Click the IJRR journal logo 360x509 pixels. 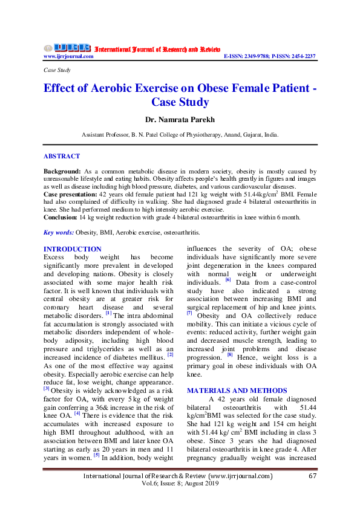pyautogui.click(x=67, y=48)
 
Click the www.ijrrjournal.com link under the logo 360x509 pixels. pyautogui.click(x=68, y=56)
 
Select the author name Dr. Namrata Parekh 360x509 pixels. pyautogui.click(x=180, y=120)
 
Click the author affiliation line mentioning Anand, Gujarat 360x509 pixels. pyautogui.click(x=180, y=136)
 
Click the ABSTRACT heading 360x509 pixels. pyautogui.click(x=62, y=156)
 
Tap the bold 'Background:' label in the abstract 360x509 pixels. pyautogui.click(x=64, y=172)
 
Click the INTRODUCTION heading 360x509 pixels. pyautogui.click(x=73, y=249)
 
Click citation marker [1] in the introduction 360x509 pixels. pyautogui.click(x=108, y=313)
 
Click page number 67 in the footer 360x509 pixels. pyautogui.click(x=313, y=492)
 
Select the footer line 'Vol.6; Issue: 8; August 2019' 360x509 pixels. pyautogui.click(x=180, y=501)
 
